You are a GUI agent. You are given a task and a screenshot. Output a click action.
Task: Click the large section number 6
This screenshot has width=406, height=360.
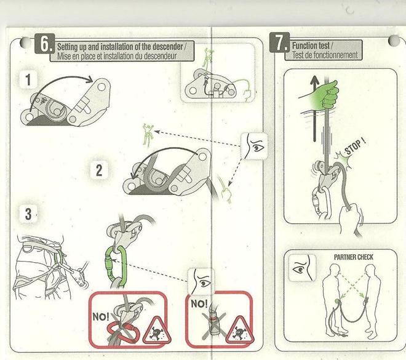tap(44, 44)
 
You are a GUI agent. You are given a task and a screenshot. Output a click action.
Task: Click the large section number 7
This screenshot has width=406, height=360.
tap(279, 42)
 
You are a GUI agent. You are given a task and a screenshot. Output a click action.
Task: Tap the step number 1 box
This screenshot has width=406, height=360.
tap(28, 79)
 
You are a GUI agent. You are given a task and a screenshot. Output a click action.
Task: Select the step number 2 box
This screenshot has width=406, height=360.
tap(99, 170)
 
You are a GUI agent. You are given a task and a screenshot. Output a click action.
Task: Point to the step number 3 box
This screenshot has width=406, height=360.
tap(28, 214)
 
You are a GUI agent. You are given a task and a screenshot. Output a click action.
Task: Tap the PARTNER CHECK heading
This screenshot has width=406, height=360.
tap(354, 257)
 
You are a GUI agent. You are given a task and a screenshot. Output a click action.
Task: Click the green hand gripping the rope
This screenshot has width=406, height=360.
tap(325, 95)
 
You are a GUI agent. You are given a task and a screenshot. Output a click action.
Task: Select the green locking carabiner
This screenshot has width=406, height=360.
tap(116, 263)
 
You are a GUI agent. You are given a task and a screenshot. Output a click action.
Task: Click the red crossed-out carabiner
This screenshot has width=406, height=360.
tap(123, 332)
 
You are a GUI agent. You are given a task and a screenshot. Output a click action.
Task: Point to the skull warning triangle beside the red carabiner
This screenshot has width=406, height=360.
tap(157, 330)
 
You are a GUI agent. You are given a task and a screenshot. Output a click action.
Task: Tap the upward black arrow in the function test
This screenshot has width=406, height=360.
tap(314, 108)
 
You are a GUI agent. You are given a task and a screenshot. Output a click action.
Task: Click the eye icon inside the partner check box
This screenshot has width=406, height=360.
tap(302, 268)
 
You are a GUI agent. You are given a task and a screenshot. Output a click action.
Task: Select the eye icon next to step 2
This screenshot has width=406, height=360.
tap(254, 146)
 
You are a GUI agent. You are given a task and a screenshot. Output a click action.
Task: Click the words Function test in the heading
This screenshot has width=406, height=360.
tap(311, 46)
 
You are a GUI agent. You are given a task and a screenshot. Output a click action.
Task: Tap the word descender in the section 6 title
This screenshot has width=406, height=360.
tap(167, 47)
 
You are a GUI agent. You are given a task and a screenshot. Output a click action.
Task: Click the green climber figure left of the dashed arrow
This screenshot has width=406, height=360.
tap(148, 135)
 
